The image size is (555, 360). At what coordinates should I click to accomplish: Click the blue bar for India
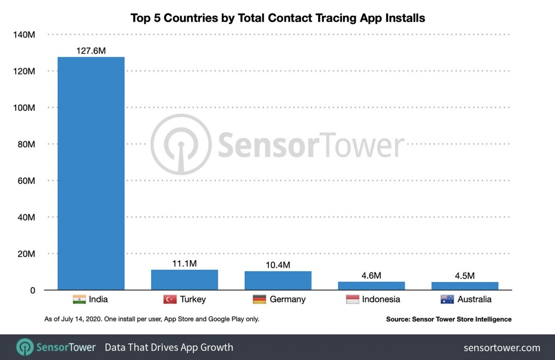tap(91, 174)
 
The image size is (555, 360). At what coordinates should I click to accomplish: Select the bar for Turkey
tap(185, 280)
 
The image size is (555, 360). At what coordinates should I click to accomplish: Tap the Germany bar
tap(278, 281)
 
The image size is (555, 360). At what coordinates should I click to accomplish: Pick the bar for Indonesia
tap(371, 286)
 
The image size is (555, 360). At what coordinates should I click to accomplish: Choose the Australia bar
tap(465, 286)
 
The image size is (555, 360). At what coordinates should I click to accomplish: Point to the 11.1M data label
tap(185, 264)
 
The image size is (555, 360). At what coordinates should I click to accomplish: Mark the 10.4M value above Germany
tap(278, 265)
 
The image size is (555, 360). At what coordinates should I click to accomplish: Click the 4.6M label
tap(371, 276)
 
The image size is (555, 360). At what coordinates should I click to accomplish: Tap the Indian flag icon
tap(79, 299)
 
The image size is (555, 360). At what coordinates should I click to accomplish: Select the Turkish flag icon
tap(170, 299)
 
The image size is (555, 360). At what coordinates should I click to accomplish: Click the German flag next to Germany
tap(259, 299)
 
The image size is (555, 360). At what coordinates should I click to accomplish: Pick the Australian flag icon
tap(447, 299)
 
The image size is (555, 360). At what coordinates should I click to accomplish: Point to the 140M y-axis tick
tap(25, 35)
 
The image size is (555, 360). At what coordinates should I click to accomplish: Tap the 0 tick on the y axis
tap(32, 290)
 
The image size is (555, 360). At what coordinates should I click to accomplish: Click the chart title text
tap(277, 18)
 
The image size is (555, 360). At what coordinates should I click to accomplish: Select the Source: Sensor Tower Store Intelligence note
tap(449, 319)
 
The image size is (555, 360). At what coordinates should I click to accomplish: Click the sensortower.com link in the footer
tap(502, 348)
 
